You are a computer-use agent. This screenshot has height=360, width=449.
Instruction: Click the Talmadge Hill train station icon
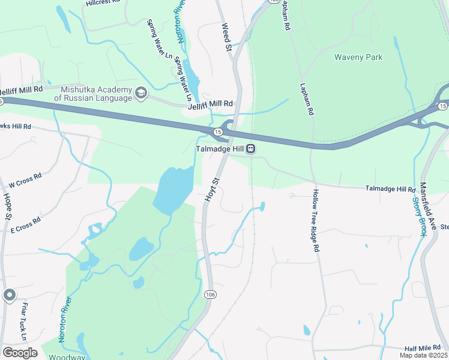tap(252, 149)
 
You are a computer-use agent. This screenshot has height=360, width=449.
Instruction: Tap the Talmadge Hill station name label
tap(221, 149)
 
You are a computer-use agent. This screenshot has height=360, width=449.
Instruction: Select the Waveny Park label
tap(358, 58)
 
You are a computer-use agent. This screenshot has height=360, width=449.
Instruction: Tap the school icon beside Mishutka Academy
tap(141, 93)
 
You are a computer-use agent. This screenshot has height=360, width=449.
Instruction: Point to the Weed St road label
tap(226, 36)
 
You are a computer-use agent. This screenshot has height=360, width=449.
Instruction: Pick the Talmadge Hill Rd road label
tap(390, 190)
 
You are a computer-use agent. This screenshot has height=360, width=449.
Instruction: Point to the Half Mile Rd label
tap(423, 349)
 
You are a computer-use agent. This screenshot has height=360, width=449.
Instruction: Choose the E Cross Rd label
tap(25, 224)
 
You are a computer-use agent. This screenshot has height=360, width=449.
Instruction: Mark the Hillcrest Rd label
tap(103, 3)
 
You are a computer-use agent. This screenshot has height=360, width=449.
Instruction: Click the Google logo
tap(20, 352)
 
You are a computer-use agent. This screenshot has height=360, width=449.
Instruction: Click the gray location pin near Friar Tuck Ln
tap(9, 295)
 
